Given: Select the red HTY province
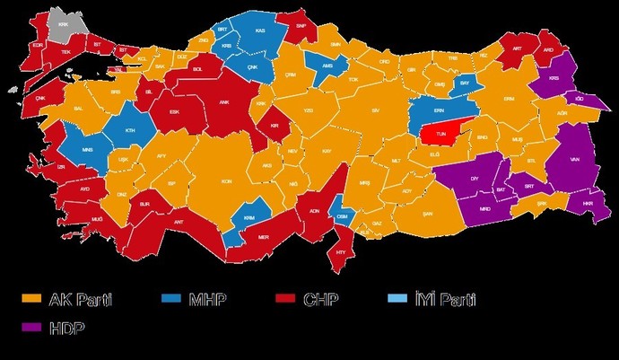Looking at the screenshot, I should (x=341, y=252).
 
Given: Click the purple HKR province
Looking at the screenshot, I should (x=588, y=205).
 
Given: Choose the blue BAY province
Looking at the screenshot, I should (x=465, y=83).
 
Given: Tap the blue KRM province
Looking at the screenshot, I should (x=248, y=217).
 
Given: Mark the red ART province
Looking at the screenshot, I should (x=517, y=50).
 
